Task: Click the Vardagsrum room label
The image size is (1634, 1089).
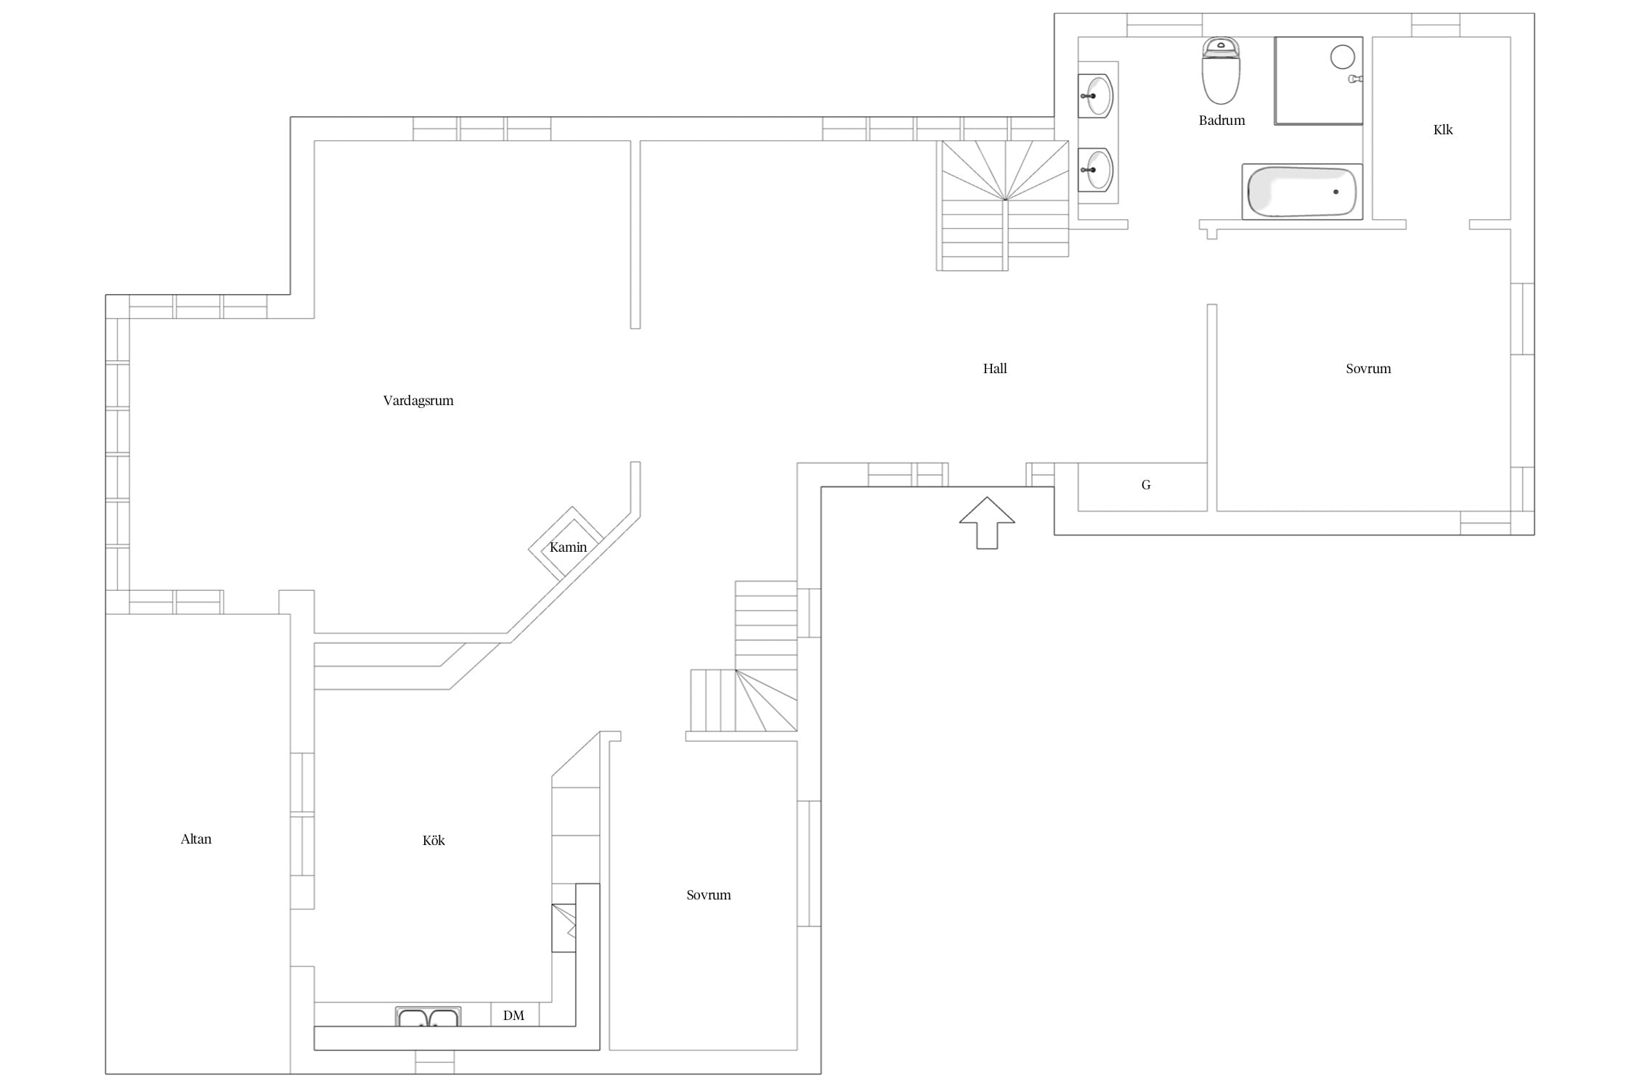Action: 418,400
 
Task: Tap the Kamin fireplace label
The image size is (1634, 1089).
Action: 568,547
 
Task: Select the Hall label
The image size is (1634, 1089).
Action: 995,368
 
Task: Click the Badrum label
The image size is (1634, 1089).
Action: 1222,120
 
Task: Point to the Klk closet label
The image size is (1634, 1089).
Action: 1443,129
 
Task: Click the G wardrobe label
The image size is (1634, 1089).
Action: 1146,485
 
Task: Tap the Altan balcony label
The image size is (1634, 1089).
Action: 196,839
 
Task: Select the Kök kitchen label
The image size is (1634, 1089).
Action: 434,840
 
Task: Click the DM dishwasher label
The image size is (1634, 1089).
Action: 513,1015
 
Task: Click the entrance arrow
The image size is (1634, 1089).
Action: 987,523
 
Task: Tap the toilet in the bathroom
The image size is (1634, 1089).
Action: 1221,70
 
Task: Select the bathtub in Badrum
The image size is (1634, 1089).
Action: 1302,192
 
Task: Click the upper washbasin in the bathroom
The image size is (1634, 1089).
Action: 1095,95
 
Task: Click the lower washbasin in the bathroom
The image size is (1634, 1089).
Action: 1095,170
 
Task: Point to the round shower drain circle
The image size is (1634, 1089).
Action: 1343,57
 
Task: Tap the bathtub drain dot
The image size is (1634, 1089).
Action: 1336,192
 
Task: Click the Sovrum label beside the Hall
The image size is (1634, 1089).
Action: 1368,368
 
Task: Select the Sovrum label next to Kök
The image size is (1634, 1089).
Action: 709,894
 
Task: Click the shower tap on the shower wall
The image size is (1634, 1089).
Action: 1355,78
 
